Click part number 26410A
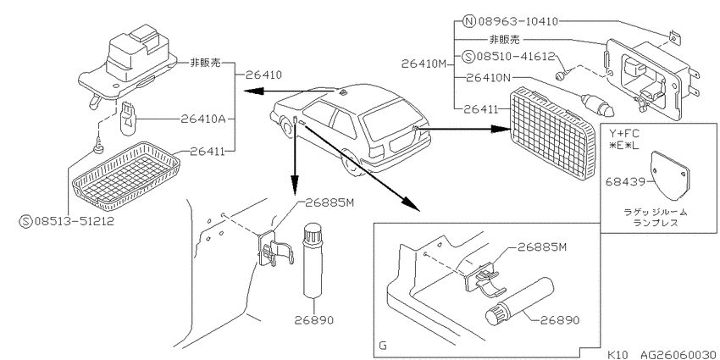202,119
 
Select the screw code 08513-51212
75,221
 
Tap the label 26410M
424,64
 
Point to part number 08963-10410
518,21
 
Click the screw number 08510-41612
516,56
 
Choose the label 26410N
488,78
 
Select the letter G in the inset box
383,345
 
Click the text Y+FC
623,134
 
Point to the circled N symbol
468,21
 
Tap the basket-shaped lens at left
126,173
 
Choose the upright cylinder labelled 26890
313,259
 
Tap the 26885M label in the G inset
542,247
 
